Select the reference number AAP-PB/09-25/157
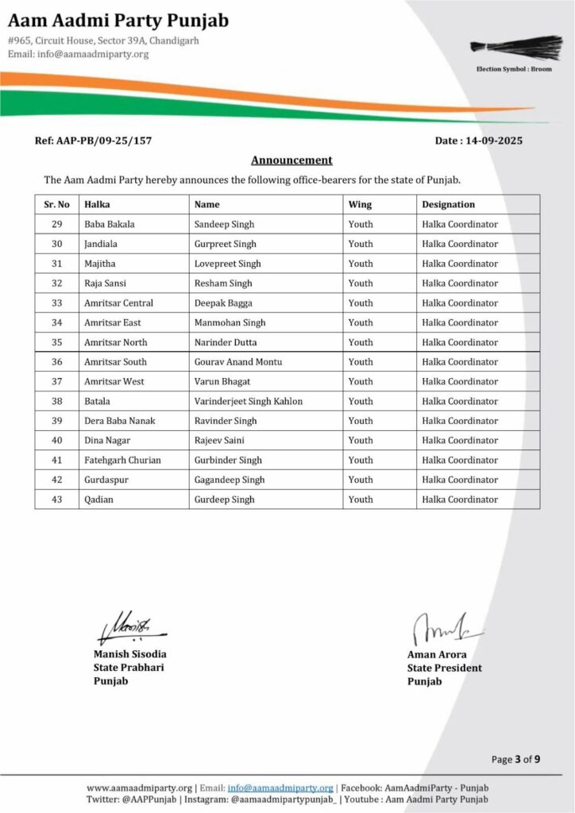point(94,141)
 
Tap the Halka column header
point(97,205)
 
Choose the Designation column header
point(448,205)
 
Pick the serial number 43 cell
point(56,499)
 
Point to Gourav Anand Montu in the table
point(237,362)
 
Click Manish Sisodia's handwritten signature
point(127,627)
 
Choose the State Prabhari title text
point(128,668)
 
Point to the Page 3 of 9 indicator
point(515,760)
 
